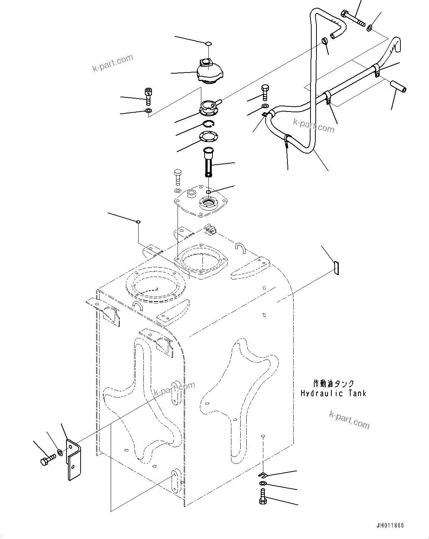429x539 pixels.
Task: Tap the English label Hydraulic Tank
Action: pyautogui.click(x=333, y=393)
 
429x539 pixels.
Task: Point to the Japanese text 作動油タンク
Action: pyautogui.click(x=333, y=384)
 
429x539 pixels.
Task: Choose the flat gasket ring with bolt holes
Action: pyautogui.click(x=209, y=136)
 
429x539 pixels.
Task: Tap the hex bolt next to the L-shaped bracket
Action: pyautogui.click(x=46, y=461)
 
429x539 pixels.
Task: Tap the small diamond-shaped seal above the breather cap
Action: pyautogui.click(x=209, y=43)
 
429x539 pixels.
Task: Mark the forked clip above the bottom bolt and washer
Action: pyautogui.click(x=263, y=474)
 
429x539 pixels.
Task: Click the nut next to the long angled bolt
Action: pyautogui.click(x=370, y=28)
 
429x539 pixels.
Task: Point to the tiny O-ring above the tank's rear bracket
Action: pyautogui.click(x=138, y=222)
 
